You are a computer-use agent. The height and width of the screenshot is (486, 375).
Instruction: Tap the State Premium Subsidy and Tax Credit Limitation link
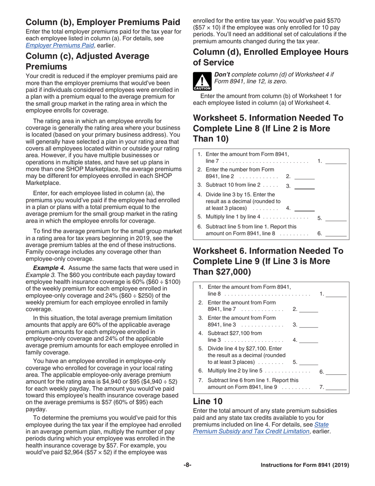coord(261,428)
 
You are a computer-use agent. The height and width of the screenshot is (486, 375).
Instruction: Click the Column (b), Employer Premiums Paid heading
coord(103,22)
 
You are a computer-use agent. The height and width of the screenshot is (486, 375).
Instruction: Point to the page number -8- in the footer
coord(187,465)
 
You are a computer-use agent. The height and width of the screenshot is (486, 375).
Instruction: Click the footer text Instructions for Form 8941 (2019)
coord(305,465)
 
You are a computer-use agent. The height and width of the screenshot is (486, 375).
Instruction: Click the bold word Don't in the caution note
coord(221,74)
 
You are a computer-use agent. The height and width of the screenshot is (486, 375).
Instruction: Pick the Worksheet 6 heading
coord(268,261)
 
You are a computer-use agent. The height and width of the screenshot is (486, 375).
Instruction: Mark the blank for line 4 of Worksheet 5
coord(304,208)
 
